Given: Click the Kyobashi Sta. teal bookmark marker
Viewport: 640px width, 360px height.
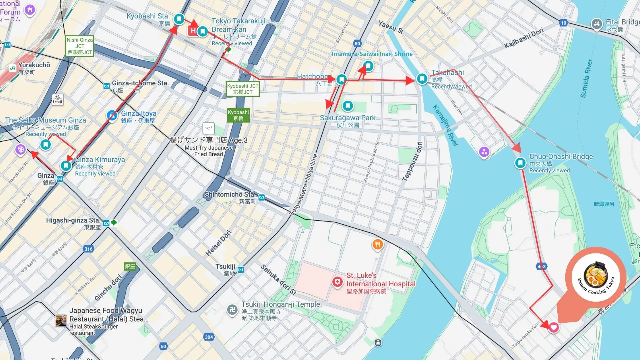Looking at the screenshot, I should coord(179,19).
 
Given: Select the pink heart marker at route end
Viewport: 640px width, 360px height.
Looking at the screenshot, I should coord(554,327).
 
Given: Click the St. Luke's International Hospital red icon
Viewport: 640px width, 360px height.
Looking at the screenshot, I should coord(337,282).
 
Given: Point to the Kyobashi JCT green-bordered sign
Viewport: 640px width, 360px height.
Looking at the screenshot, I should coord(242,89).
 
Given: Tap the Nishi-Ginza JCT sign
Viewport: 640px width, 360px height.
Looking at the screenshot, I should coord(80,46).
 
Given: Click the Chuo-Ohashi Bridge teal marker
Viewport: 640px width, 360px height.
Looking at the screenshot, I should coord(520,163).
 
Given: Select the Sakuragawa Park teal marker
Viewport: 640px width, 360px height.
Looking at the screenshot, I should coord(348,106).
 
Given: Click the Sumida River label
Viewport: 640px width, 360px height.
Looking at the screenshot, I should coord(586,79).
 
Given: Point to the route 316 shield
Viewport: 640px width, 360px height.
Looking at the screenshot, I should coord(88,249).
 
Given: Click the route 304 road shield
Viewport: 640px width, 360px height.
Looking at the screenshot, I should coord(209,337).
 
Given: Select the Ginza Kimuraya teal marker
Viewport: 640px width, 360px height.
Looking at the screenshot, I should coord(66,165).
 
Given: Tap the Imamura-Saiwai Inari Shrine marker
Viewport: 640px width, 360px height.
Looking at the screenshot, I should coord(368,66).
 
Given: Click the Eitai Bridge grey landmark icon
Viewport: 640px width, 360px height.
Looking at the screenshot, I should coord(596,24).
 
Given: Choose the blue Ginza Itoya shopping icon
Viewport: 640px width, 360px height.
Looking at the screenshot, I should coord(112,116).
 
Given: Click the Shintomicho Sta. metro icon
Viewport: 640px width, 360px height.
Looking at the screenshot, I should coord(262,198).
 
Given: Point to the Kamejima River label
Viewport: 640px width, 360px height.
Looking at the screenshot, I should coord(445,125).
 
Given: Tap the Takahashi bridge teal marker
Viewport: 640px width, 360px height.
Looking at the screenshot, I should coord(422,79).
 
